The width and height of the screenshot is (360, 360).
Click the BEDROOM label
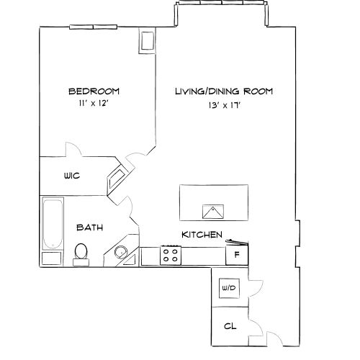pos(94,91)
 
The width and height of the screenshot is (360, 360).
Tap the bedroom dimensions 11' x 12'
pos(94,104)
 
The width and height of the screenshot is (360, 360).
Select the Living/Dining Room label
pos(224,91)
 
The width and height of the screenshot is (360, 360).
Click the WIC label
pos(71,175)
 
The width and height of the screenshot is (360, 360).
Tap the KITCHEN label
pos(201,235)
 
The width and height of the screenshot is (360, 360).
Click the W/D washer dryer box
pos(229,288)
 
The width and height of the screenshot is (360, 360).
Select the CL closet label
pos(230,326)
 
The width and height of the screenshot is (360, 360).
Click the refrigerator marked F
pos(237,256)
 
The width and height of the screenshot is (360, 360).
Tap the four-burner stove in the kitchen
pos(171,255)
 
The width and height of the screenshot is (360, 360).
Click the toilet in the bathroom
pos(81,253)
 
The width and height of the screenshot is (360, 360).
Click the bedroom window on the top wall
pos(91,28)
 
